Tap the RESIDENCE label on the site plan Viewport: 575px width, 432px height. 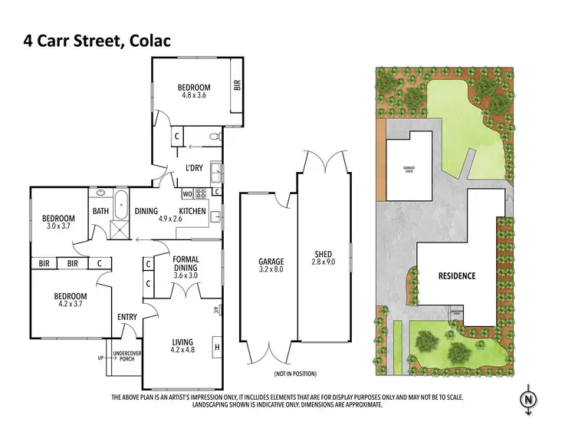pyautogui.click(x=457, y=275)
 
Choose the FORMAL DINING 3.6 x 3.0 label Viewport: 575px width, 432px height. pyautogui.click(x=186, y=265)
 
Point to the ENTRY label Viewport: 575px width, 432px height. pyautogui.click(x=127, y=316)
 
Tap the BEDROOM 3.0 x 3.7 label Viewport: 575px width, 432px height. pyautogui.click(x=58, y=222)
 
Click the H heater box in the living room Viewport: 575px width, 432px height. pyautogui.click(x=217, y=347)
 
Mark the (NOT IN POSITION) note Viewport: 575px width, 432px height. pyautogui.click(x=295, y=374)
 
